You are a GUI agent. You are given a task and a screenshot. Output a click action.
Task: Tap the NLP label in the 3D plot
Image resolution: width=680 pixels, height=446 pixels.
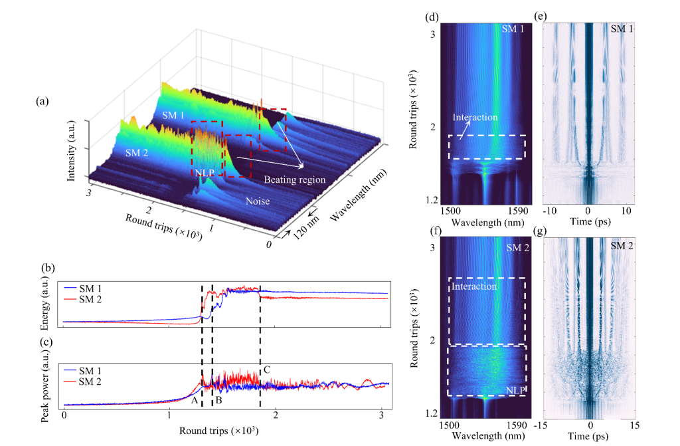click(205, 172)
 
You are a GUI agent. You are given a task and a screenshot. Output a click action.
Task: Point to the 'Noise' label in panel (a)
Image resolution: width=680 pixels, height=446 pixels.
click(258, 200)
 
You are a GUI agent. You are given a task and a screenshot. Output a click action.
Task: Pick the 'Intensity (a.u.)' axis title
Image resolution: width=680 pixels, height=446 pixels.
click(71, 151)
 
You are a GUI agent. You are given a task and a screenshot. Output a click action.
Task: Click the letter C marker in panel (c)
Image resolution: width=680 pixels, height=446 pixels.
click(267, 370)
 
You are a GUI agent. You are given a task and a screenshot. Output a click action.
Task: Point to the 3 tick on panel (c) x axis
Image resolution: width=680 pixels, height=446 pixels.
click(382, 415)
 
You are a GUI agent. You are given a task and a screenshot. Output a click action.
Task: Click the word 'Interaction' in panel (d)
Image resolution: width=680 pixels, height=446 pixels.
click(475, 117)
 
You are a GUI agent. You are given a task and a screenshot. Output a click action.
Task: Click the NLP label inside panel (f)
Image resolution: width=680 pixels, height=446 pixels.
click(513, 390)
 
